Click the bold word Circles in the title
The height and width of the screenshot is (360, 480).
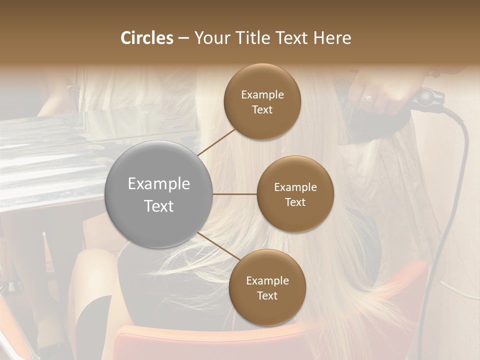(146, 38)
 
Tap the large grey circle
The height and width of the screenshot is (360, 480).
(159, 194)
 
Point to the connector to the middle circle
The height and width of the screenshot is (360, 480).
(235, 194)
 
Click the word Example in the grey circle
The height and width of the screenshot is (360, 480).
(159, 184)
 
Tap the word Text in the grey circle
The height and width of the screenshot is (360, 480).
(159, 206)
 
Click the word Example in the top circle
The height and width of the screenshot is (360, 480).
(262, 95)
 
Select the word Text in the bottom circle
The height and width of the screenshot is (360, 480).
(267, 295)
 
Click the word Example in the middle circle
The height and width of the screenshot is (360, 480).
(295, 187)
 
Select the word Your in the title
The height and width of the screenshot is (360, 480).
(210, 38)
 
